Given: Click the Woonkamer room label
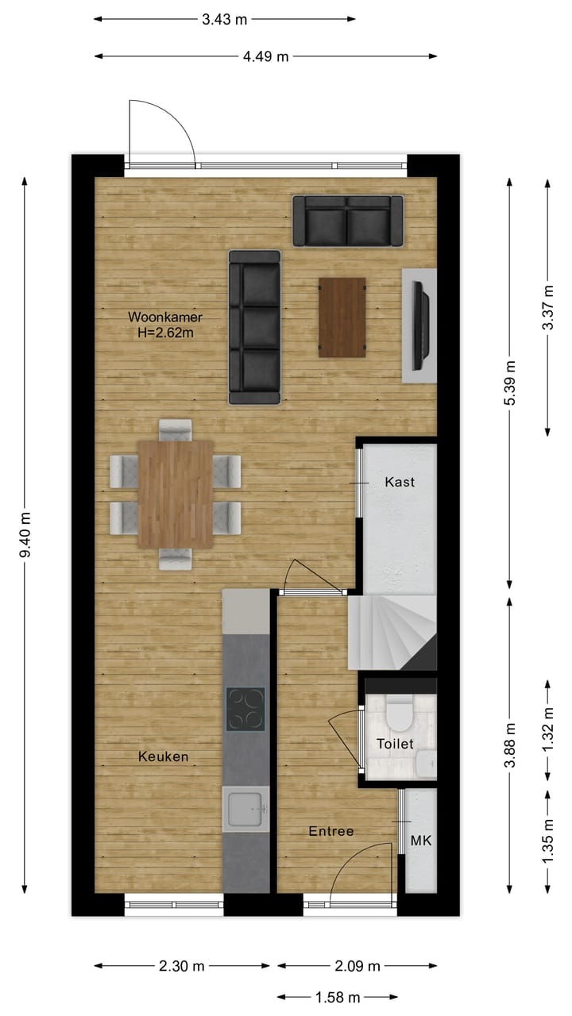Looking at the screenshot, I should [x=161, y=317].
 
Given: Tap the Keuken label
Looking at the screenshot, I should [x=164, y=756].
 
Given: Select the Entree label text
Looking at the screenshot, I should [x=331, y=831].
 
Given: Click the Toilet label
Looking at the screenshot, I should [x=395, y=744].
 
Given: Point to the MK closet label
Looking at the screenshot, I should [x=421, y=841].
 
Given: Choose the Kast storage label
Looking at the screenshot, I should [x=400, y=482].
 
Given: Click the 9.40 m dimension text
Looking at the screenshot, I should [x=25, y=536].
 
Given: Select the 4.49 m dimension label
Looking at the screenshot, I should [x=265, y=56].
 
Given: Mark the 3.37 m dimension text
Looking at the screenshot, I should [x=547, y=306].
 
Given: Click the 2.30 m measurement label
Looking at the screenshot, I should [x=182, y=966].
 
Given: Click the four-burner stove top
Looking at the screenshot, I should [x=245, y=709].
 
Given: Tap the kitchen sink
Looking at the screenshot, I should [x=247, y=810].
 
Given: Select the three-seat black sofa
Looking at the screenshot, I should [x=254, y=327].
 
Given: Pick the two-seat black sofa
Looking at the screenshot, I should [x=348, y=221].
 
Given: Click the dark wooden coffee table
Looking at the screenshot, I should [x=342, y=317].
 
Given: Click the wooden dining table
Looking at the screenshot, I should [x=175, y=494].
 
